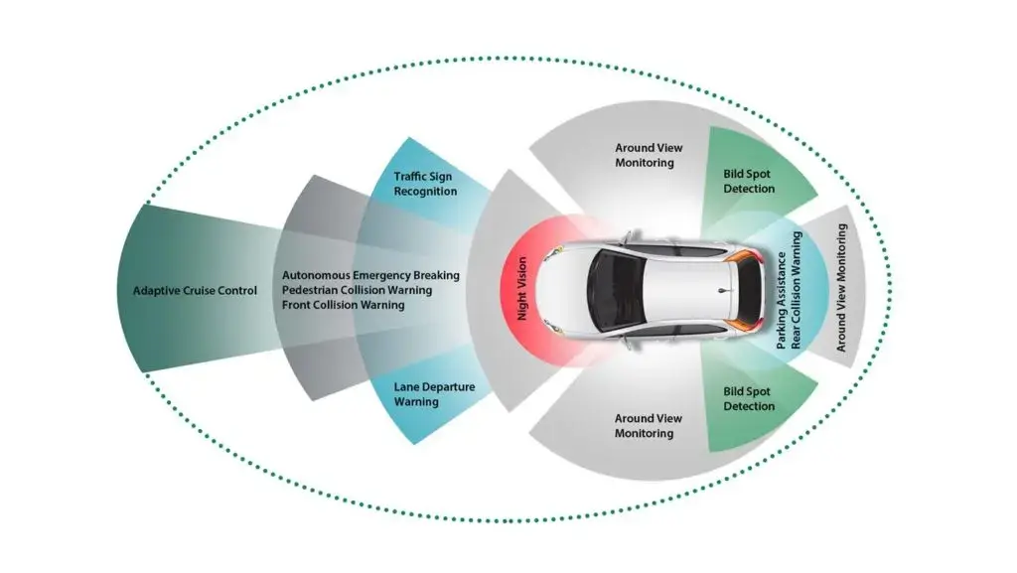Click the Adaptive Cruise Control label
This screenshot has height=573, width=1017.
tap(195, 291)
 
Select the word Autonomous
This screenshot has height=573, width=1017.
tap(316, 275)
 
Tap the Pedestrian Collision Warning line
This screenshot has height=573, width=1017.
tap(357, 290)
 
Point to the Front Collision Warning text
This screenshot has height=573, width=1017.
tap(343, 305)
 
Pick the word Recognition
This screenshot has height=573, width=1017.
tap(425, 191)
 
